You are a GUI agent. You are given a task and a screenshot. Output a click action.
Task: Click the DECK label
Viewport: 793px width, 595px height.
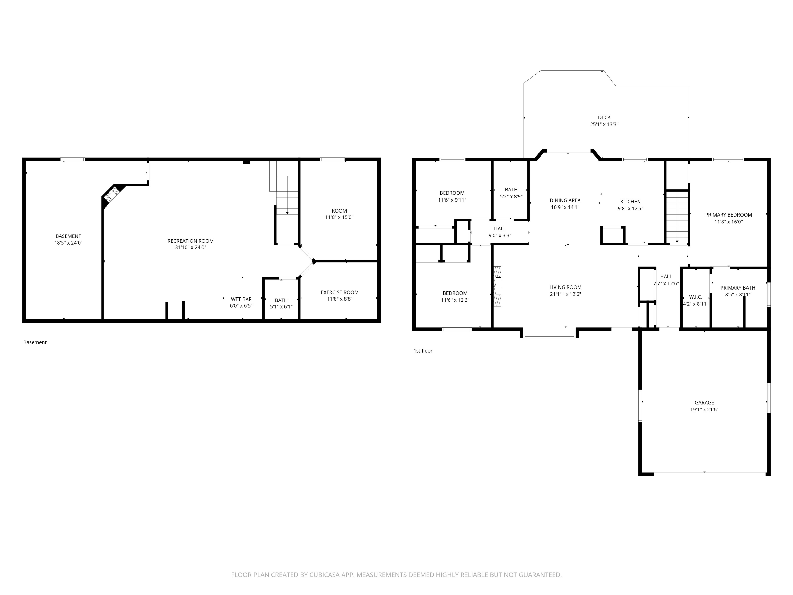coord(604,117)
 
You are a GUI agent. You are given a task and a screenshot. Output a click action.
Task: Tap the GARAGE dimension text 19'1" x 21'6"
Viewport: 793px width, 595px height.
coord(704,410)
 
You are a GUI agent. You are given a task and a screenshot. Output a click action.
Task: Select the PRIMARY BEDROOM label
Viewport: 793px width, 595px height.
coord(728,215)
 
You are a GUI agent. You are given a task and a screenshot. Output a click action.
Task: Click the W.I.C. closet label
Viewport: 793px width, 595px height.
coord(695,297)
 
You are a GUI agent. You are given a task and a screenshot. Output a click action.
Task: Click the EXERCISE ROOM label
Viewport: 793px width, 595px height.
coord(339,292)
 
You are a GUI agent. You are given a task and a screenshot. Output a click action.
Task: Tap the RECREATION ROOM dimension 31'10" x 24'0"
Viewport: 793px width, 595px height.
coord(190,248)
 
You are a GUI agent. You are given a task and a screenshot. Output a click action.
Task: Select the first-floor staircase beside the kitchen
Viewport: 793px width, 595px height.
coord(677,217)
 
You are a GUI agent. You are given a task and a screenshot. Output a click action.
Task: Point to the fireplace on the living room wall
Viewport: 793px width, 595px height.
coord(497,286)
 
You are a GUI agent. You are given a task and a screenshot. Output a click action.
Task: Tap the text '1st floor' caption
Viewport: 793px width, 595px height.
coord(423,351)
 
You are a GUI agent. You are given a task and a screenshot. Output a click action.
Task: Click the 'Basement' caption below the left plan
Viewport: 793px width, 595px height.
coord(35,342)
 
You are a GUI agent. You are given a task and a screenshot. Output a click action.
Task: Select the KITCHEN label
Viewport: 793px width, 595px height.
coord(630,202)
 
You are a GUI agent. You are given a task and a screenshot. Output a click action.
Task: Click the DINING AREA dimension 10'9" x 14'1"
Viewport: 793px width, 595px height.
coord(565,207)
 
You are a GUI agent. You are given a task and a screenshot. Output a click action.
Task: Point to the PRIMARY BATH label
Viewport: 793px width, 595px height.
coord(737,288)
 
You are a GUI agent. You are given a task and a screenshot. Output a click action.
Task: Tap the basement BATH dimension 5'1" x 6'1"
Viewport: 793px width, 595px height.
coord(281,307)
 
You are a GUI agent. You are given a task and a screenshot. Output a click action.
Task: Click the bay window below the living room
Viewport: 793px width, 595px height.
coord(549,336)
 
